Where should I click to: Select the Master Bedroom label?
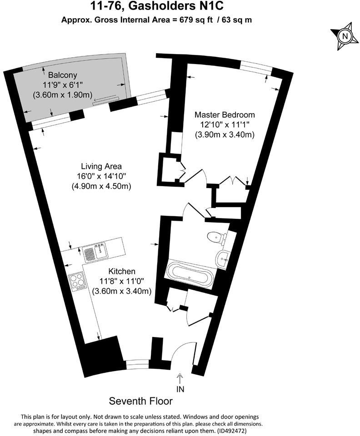[x=225, y=114]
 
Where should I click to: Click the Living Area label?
[x=101, y=166]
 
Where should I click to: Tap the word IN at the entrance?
[x=180, y=389]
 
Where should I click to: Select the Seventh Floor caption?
[x=141, y=401]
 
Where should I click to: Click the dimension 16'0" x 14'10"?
[x=101, y=176]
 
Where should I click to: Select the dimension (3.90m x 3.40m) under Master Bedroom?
[x=225, y=134]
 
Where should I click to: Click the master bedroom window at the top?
[x=255, y=66]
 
